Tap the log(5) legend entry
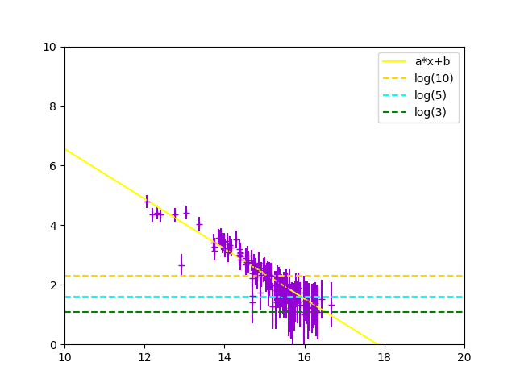point(431,95)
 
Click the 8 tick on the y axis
point(53,106)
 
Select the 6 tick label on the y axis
point(53,166)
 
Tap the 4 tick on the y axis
point(53,226)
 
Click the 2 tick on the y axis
point(53,285)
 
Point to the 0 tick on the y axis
point(53,345)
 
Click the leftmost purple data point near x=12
point(147,202)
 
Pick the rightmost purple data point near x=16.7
point(331,304)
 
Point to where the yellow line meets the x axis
point(377,344)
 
